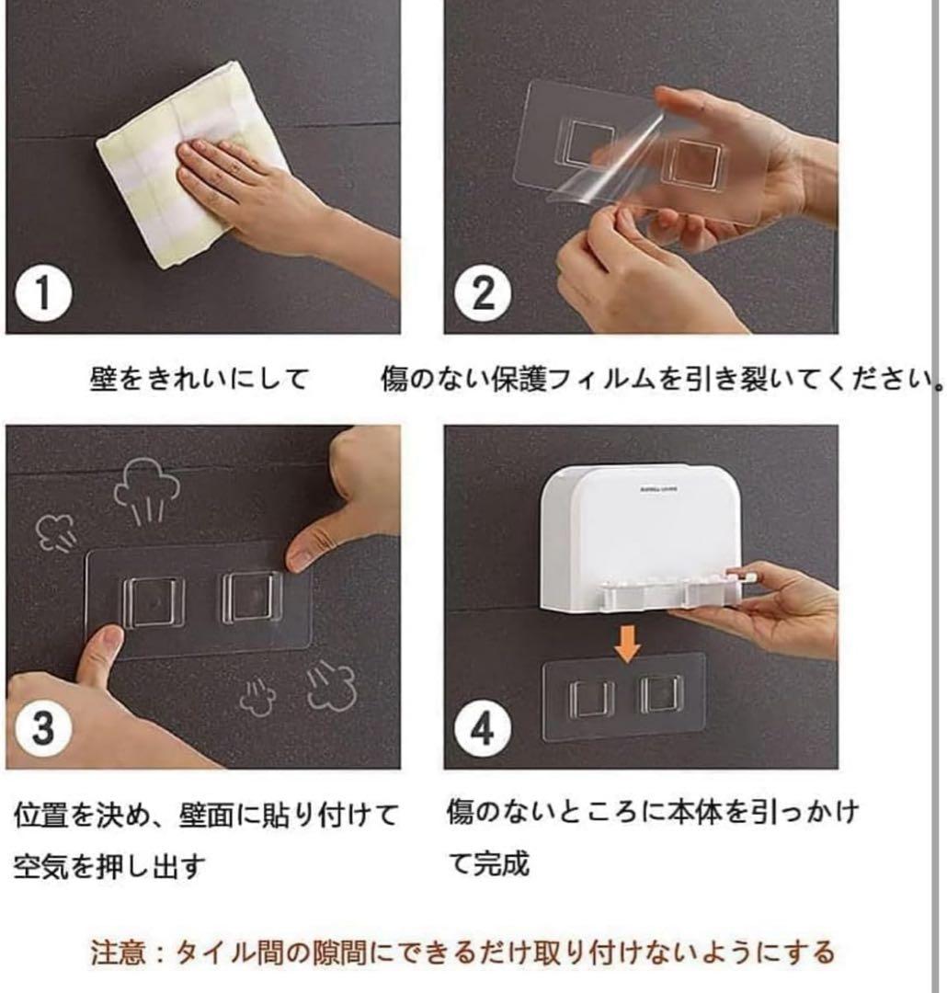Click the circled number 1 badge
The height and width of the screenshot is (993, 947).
pyautogui.click(x=43, y=292)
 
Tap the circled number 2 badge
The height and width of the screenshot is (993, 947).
pyautogui.click(x=483, y=292)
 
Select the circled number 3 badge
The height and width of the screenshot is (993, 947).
pyautogui.click(x=43, y=727)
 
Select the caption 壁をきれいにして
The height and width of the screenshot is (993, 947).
pyautogui.click(x=199, y=379)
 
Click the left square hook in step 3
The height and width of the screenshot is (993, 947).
pyautogui.click(x=154, y=601)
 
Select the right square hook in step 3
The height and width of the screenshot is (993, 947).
pyautogui.click(x=252, y=597)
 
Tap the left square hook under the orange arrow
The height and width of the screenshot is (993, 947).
pyautogui.click(x=591, y=699)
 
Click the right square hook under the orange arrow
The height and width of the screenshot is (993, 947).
pyautogui.click(x=661, y=694)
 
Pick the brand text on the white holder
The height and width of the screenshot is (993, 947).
pyautogui.click(x=659, y=489)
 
